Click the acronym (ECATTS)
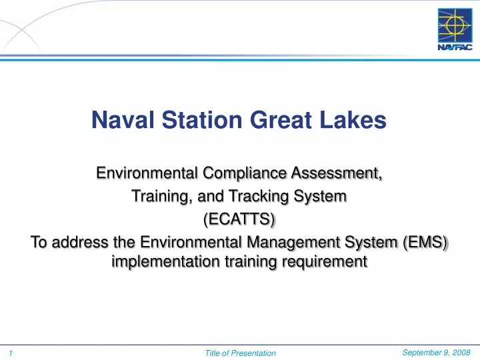[x=239, y=219]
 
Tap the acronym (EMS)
[x=425, y=241]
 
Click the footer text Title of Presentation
[x=240, y=352]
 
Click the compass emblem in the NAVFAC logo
[x=453, y=26]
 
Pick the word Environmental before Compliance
[x=148, y=175]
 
